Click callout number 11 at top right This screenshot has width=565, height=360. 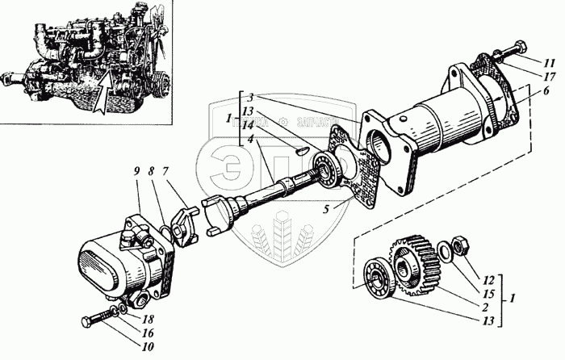(548, 62)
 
